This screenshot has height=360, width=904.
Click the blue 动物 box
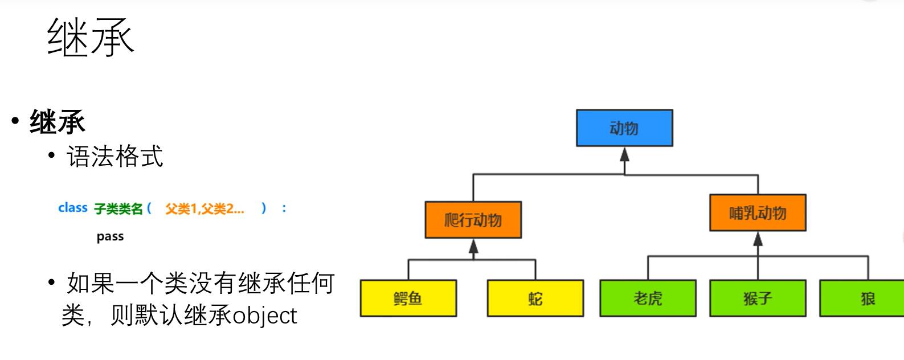[x=624, y=128]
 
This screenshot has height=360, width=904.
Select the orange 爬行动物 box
[x=473, y=220]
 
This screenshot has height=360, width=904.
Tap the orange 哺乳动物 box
[x=758, y=213]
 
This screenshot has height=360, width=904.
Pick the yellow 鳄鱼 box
[x=408, y=298]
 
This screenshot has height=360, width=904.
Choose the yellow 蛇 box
[x=535, y=298]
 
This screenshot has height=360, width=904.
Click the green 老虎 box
[x=648, y=298]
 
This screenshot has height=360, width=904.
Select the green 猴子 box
[x=758, y=298]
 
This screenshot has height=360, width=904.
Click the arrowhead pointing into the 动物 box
[x=624, y=154]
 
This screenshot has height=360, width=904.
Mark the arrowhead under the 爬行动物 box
[x=473, y=247]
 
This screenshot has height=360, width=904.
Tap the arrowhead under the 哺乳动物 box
[x=758, y=239]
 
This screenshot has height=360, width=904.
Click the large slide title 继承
[x=90, y=38]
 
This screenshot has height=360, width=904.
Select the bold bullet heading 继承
[x=57, y=122]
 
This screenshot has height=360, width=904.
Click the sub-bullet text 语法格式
[x=115, y=156]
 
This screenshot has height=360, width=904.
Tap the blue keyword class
[x=73, y=208]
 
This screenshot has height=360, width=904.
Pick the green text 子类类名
[x=118, y=209]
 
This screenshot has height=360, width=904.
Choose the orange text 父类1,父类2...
[x=204, y=209]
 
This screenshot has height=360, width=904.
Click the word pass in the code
[x=110, y=236]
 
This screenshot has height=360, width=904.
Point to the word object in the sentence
[x=265, y=316]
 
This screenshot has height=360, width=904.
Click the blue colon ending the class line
[x=284, y=208]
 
